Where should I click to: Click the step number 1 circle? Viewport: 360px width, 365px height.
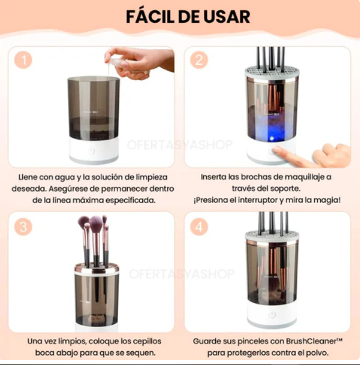tap(23, 60)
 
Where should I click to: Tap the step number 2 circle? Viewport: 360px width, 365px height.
tap(198, 60)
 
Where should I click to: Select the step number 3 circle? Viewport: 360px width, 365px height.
tap(23, 227)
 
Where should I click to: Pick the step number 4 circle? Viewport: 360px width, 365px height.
tap(198, 227)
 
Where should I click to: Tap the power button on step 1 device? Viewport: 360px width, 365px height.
tap(92, 151)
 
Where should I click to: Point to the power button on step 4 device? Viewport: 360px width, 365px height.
tap(271, 314)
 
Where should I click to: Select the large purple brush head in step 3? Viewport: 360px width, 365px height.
tap(95, 223)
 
